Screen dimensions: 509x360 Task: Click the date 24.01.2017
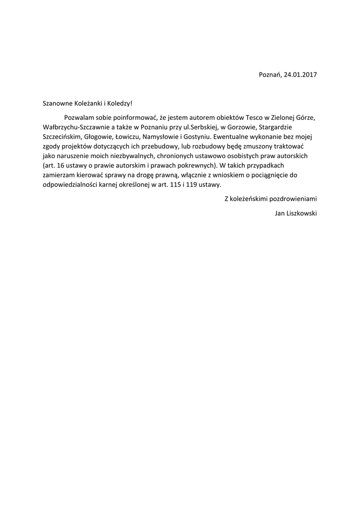click(300, 75)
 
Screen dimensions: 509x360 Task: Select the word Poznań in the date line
click(270, 75)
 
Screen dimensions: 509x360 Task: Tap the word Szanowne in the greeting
click(57, 103)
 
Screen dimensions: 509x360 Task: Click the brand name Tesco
click(248, 118)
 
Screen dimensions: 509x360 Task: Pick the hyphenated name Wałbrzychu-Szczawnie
click(75, 127)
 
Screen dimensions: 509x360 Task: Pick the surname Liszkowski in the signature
click(301, 213)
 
